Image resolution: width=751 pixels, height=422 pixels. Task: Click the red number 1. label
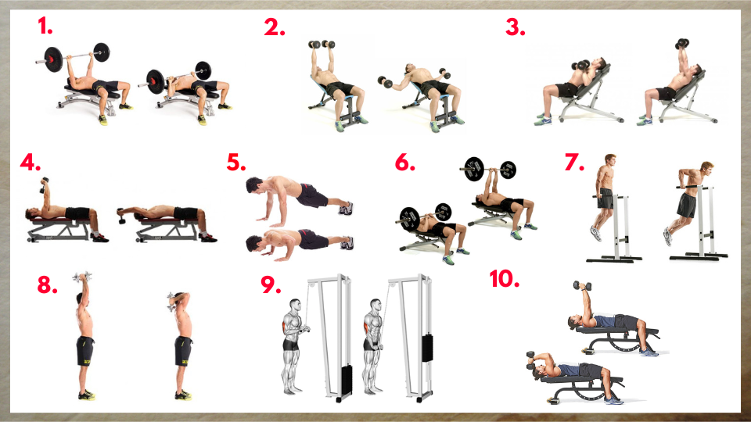click(45, 27)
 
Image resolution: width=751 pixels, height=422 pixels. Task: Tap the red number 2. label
click(275, 27)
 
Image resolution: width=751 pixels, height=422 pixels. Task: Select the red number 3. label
click(516, 27)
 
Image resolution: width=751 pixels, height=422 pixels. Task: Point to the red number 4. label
click(31, 165)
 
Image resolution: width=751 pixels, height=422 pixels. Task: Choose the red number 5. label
click(236, 163)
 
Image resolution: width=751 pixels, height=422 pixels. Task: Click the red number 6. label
click(405, 163)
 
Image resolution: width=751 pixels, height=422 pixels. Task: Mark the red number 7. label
click(574, 163)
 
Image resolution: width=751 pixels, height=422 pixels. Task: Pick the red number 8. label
click(48, 284)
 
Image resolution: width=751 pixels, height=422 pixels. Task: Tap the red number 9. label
click(271, 284)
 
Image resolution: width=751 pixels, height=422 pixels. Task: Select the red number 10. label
click(505, 278)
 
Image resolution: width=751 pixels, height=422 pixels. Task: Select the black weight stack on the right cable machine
click(426, 347)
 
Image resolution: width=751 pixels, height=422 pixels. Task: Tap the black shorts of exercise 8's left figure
click(85, 349)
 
